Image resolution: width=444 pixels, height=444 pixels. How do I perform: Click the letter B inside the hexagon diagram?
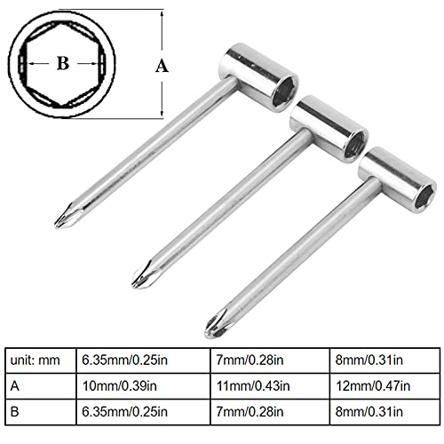click(x=62, y=65)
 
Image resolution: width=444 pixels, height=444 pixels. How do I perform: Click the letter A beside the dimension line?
click(x=161, y=65)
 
